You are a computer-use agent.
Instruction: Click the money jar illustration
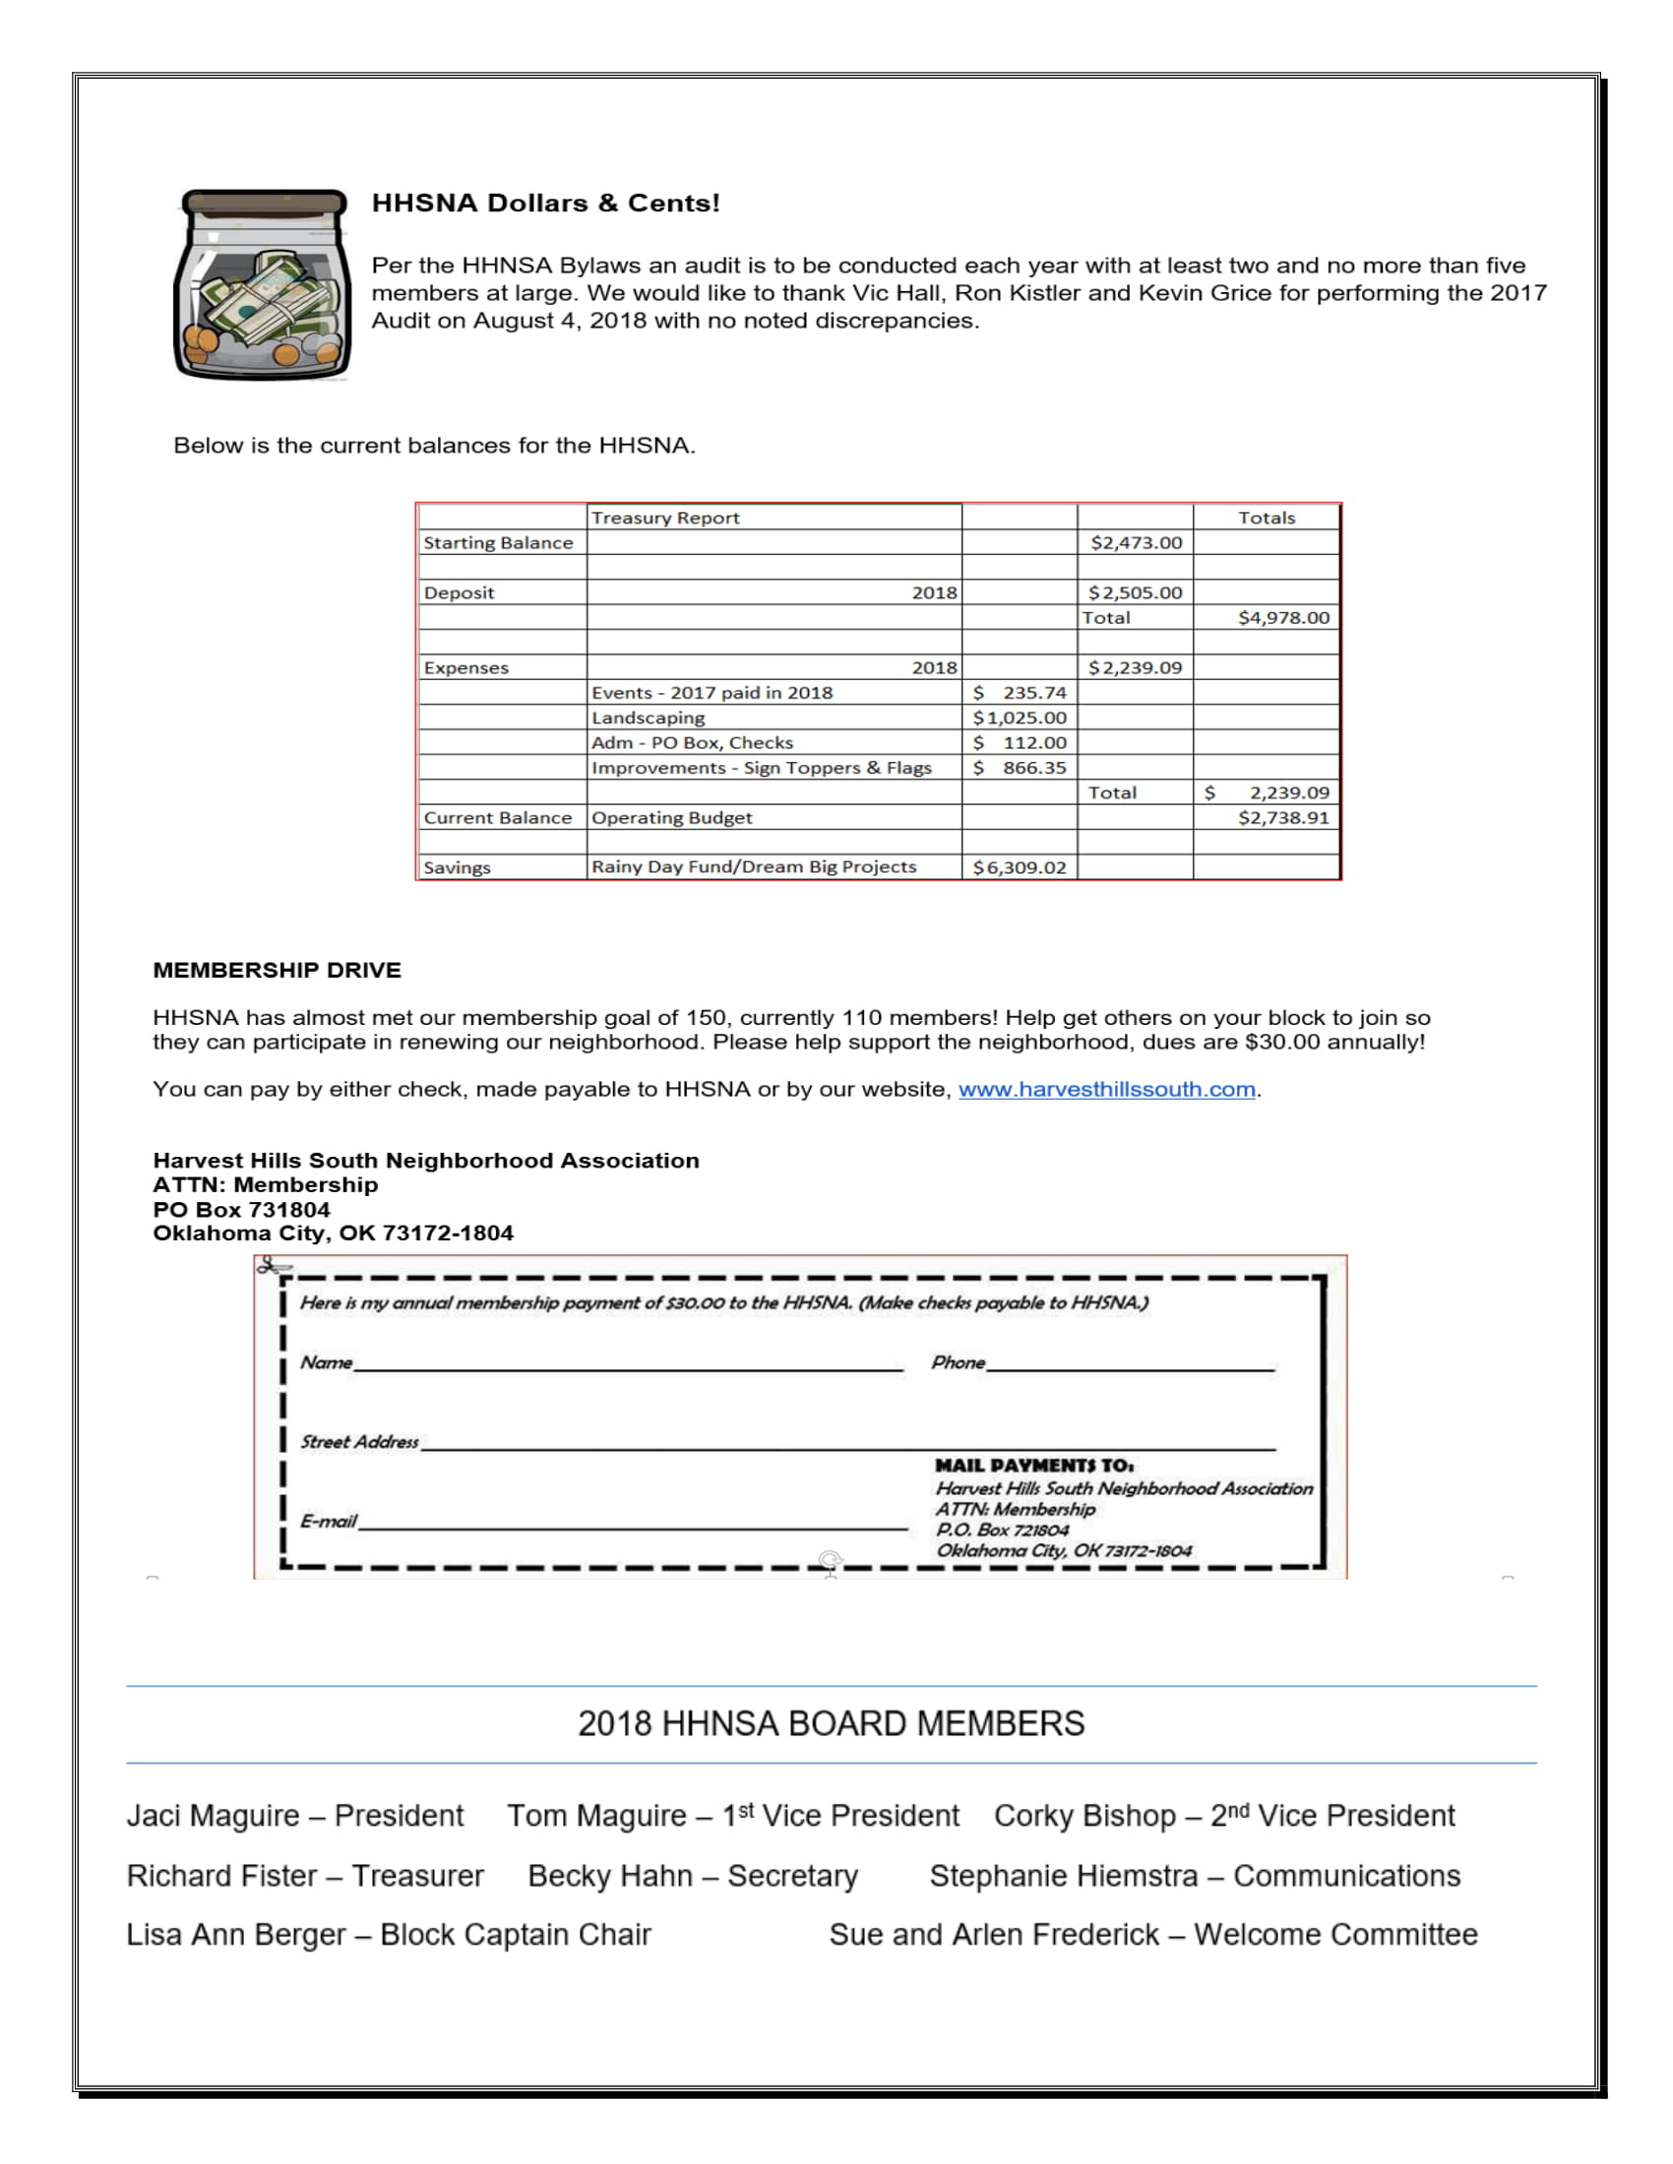pos(262,284)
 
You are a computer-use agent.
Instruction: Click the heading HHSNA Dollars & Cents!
pos(545,204)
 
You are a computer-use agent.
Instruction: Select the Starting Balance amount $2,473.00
pos(1136,543)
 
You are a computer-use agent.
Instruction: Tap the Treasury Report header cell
pos(665,517)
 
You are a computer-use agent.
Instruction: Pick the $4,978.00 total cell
pos(1283,618)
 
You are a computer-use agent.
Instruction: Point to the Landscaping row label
pos(649,717)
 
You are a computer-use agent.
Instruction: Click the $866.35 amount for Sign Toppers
pos(1020,768)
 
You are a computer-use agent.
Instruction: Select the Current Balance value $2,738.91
pos(1283,817)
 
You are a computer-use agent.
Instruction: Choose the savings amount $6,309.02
pos(1020,867)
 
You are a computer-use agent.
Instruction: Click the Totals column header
pos(1266,517)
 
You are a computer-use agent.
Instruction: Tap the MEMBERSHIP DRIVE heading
pos(277,970)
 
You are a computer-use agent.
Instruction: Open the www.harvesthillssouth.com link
pos(1106,1089)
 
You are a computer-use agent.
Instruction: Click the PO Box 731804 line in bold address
pos(241,1209)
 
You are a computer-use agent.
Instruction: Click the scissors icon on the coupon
pos(273,1265)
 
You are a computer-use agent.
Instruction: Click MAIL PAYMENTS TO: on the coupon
pos(1033,1466)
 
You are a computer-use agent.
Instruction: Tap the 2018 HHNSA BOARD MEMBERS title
pos(831,1723)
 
